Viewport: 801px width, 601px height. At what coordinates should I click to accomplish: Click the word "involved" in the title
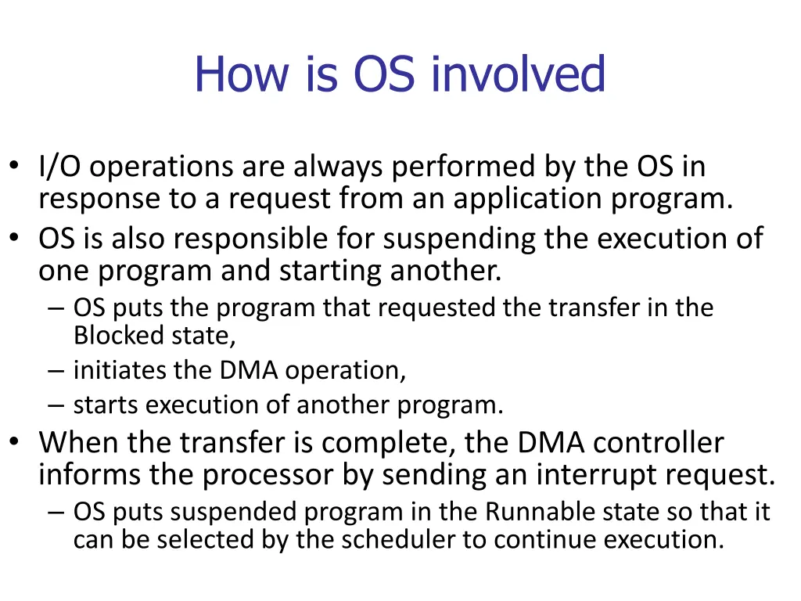point(519,74)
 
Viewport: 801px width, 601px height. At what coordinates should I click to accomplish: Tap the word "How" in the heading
point(242,74)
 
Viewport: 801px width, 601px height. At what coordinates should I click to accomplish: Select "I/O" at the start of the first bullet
point(59,167)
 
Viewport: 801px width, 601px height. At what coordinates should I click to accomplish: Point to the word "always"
point(338,167)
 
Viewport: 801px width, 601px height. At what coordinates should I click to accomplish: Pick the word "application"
point(528,200)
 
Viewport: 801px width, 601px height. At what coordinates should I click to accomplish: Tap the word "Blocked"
point(118,335)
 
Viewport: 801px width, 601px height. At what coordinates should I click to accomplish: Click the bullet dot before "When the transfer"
point(14,441)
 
